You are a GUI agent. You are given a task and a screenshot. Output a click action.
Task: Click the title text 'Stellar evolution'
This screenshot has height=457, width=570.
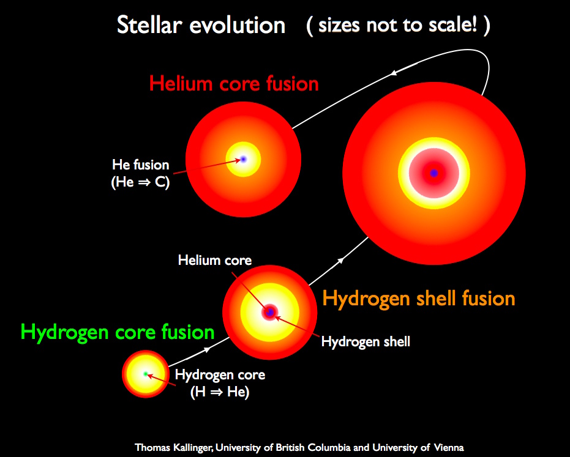click(x=201, y=26)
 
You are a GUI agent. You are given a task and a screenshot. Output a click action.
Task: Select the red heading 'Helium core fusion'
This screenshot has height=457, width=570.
click(x=234, y=83)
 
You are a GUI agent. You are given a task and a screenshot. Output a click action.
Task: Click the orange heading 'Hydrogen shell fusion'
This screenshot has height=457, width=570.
click(x=419, y=299)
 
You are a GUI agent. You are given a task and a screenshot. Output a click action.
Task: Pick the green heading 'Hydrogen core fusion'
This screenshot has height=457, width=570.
click(x=118, y=332)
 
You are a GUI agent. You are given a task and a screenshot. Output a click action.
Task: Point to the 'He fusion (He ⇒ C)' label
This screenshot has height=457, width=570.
click(x=140, y=173)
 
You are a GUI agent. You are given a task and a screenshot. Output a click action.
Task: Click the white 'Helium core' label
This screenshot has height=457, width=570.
click(x=214, y=260)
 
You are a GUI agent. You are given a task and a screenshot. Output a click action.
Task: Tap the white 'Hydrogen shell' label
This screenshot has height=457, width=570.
click(x=366, y=342)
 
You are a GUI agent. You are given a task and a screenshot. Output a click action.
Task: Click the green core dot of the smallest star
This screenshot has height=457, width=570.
click(x=146, y=373)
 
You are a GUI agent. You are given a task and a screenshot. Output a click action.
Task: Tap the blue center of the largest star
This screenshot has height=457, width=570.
click(x=434, y=173)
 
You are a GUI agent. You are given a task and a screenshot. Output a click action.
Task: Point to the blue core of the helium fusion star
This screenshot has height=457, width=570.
click(x=243, y=159)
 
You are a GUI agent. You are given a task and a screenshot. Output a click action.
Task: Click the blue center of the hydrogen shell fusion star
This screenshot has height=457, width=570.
click(x=269, y=313)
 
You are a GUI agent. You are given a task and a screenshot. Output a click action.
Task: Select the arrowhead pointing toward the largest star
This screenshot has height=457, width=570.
click(x=340, y=261)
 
